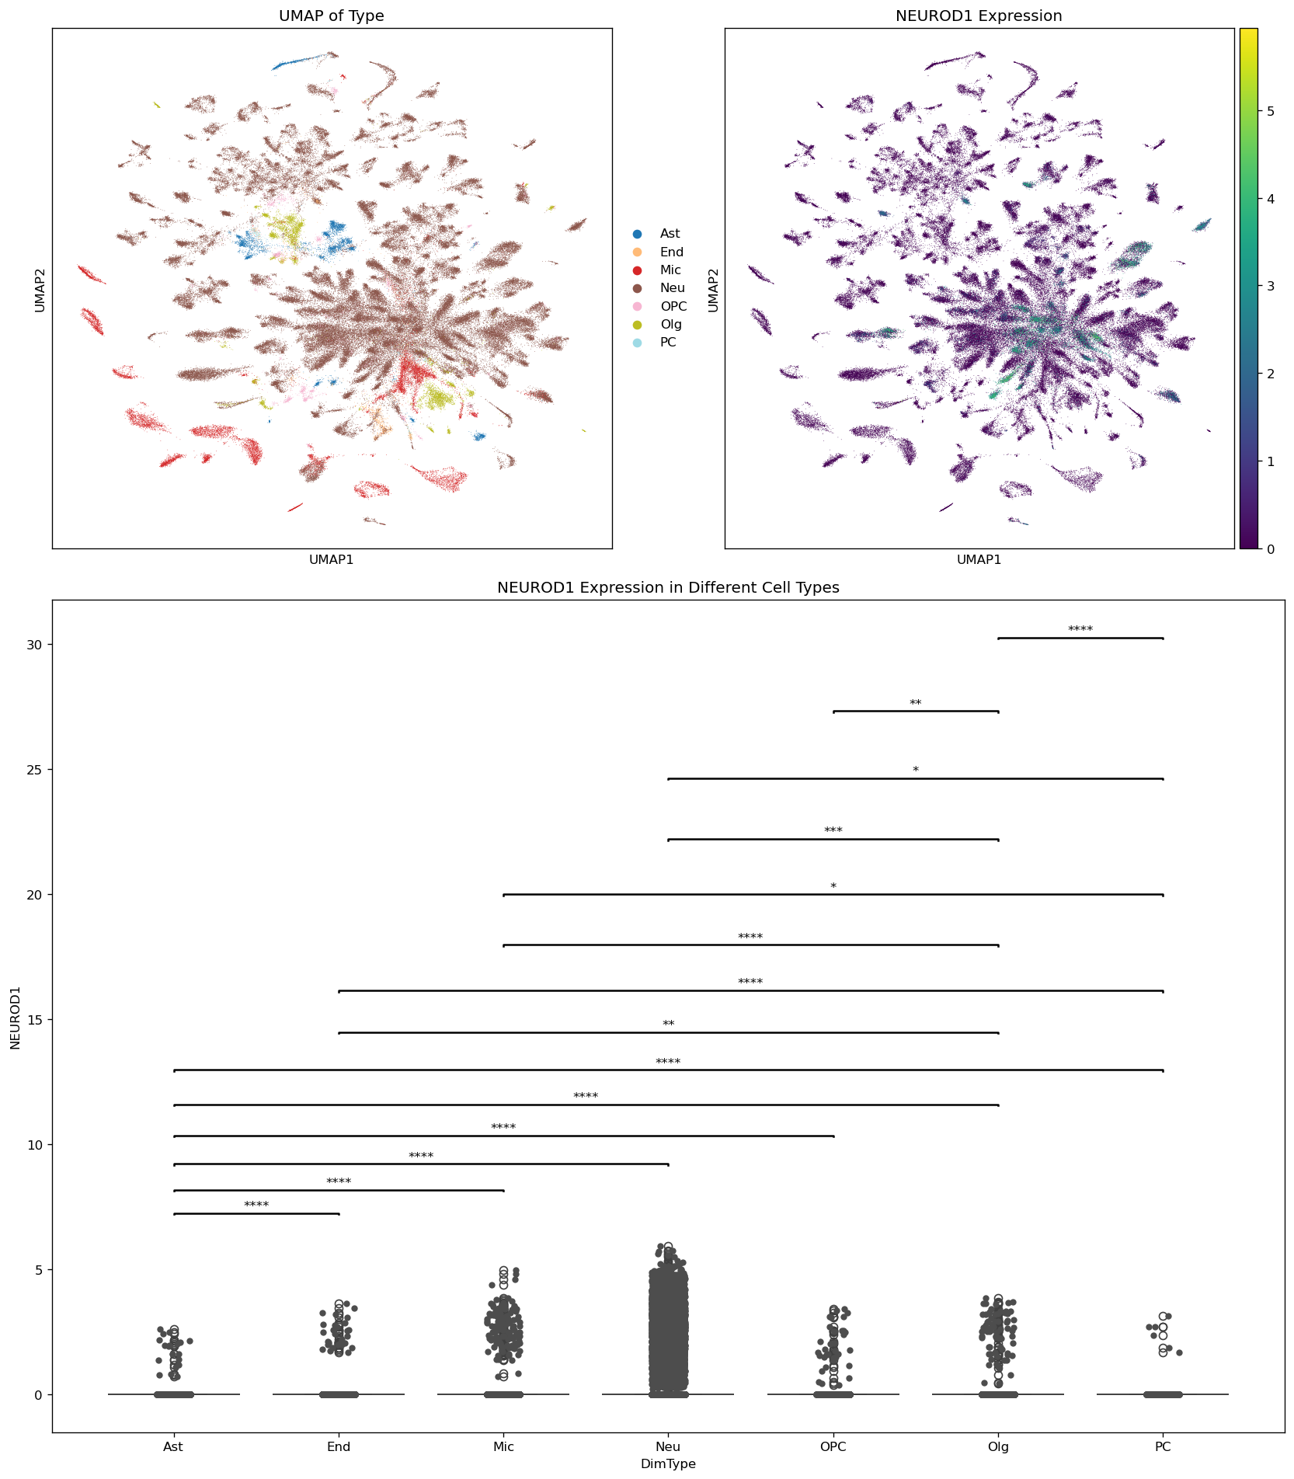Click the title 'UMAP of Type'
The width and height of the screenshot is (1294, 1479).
[x=332, y=16]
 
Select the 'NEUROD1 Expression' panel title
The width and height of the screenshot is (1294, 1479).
[x=979, y=16]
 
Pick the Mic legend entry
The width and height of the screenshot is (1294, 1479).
[x=670, y=270]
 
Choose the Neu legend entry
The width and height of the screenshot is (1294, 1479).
[x=672, y=288]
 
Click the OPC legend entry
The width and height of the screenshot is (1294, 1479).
[x=673, y=307]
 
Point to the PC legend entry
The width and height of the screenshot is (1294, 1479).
[x=668, y=343]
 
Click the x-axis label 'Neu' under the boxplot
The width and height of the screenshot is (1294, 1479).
[x=668, y=1447]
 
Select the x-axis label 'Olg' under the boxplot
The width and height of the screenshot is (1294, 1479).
[x=998, y=1447]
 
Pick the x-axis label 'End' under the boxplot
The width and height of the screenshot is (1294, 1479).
[x=339, y=1447]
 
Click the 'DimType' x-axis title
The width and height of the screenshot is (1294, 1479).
[x=668, y=1464]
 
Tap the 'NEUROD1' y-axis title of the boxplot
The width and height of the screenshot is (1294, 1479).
[x=16, y=1018]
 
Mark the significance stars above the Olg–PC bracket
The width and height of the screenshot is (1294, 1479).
[x=1080, y=630]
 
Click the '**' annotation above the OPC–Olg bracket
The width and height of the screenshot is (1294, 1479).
[x=916, y=704]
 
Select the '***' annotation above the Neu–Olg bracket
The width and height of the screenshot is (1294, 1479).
[x=833, y=831]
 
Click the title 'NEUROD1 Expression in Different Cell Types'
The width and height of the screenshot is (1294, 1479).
[x=668, y=588]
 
